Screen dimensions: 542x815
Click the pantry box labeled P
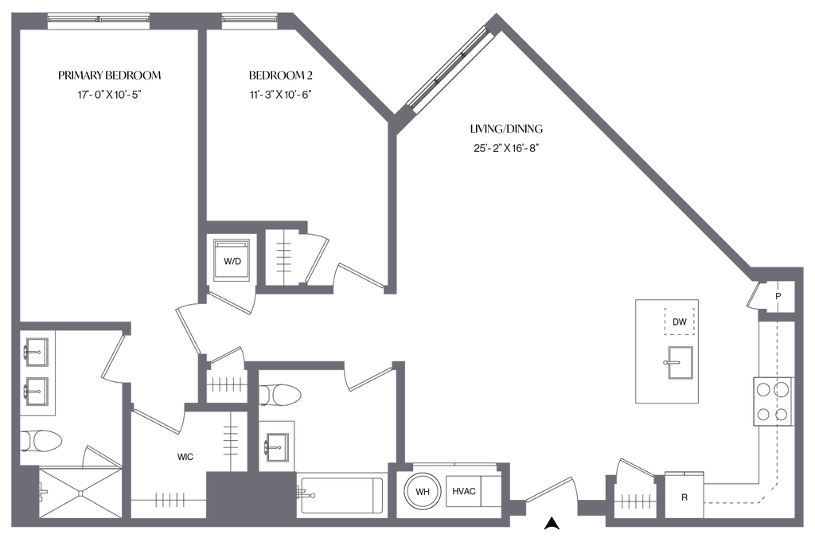tap(778, 296)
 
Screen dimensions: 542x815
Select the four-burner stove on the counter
tap(772, 402)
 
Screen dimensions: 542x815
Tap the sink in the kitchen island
tap(678, 365)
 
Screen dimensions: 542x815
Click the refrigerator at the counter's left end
tap(684, 493)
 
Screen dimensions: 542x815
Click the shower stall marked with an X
tap(78, 492)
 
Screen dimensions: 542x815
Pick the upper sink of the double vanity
tap(37, 349)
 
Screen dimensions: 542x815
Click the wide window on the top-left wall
tap(99, 20)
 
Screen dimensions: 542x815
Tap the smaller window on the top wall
tap(249, 19)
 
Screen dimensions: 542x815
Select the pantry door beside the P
tap(754, 298)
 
